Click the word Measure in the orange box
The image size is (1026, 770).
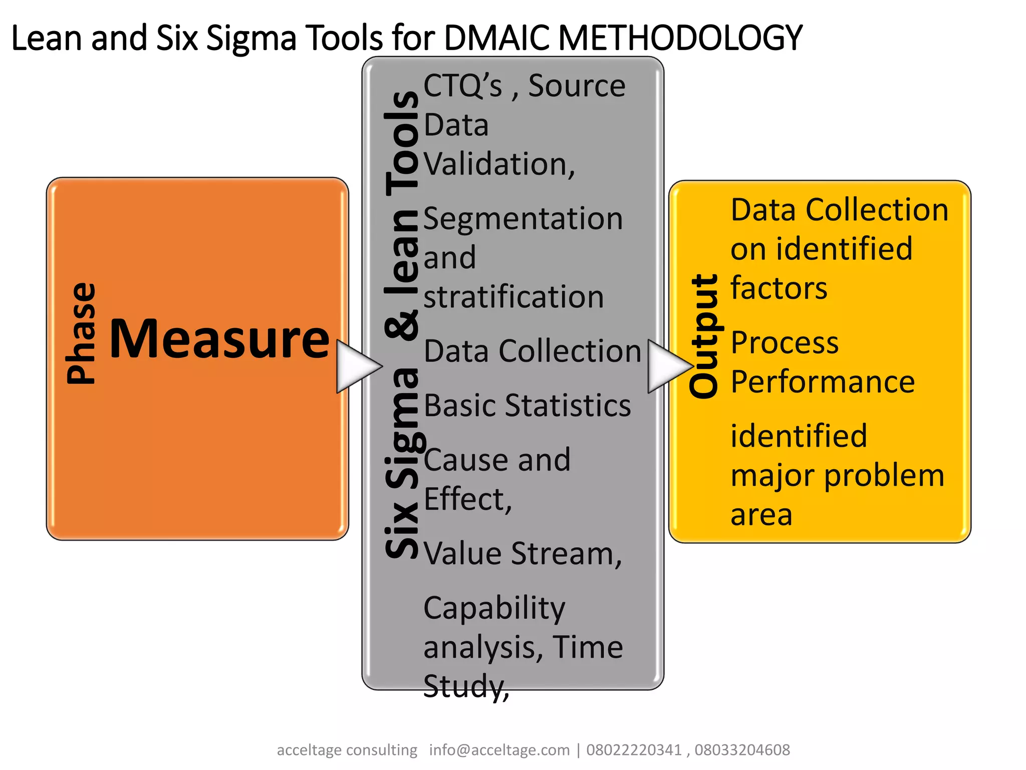(x=219, y=339)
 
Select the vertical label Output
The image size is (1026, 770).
(x=703, y=337)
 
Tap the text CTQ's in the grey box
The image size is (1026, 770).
(x=462, y=86)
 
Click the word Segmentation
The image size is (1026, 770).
(x=523, y=219)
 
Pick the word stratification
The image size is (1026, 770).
(x=514, y=297)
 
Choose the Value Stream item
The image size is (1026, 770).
(x=523, y=553)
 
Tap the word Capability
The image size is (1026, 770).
(x=494, y=609)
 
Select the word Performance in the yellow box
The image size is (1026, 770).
(x=823, y=382)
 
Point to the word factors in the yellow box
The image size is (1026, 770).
(x=779, y=288)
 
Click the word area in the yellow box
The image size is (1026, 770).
(x=761, y=515)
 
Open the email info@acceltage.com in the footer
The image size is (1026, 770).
(x=499, y=750)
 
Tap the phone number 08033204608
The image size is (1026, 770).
(x=742, y=750)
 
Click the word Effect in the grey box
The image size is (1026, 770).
(x=467, y=499)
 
